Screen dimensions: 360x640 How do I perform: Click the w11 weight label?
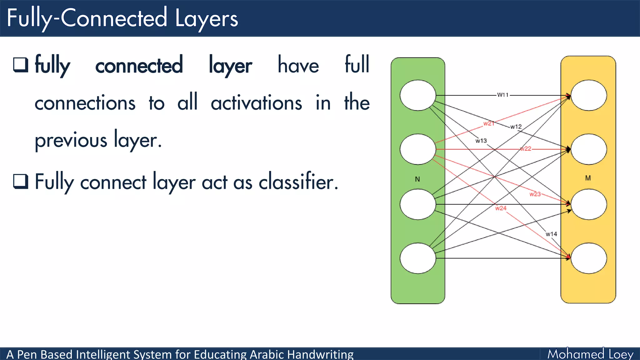[x=503, y=95]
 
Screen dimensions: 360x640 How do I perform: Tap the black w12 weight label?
[x=516, y=127]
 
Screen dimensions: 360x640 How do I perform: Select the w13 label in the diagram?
[x=481, y=141]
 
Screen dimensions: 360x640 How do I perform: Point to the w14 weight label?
[x=551, y=234]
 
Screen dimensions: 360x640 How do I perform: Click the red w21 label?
[x=489, y=123]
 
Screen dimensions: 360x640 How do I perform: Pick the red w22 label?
[x=526, y=149]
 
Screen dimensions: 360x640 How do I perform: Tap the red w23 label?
[x=535, y=194]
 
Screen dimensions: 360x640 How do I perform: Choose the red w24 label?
[x=501, y=208]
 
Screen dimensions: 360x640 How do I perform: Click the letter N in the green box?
[x=417, y=179]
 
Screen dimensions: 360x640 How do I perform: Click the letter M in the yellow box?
[x=588, y=178]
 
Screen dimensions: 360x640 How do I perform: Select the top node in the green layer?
[x=418, y=95]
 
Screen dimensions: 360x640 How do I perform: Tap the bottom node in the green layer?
[x=418, y=258]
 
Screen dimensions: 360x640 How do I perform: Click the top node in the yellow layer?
[x=589, y=95]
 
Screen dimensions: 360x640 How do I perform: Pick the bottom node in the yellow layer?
[x=589, y=258]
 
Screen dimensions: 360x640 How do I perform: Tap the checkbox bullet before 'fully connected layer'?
[x=21, y=65]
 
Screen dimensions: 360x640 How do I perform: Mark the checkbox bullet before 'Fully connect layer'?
[x=21, y=181]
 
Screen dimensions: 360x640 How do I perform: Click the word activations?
[x=256, y=103]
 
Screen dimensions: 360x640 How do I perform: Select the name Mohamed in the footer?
[x=576, y=354]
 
